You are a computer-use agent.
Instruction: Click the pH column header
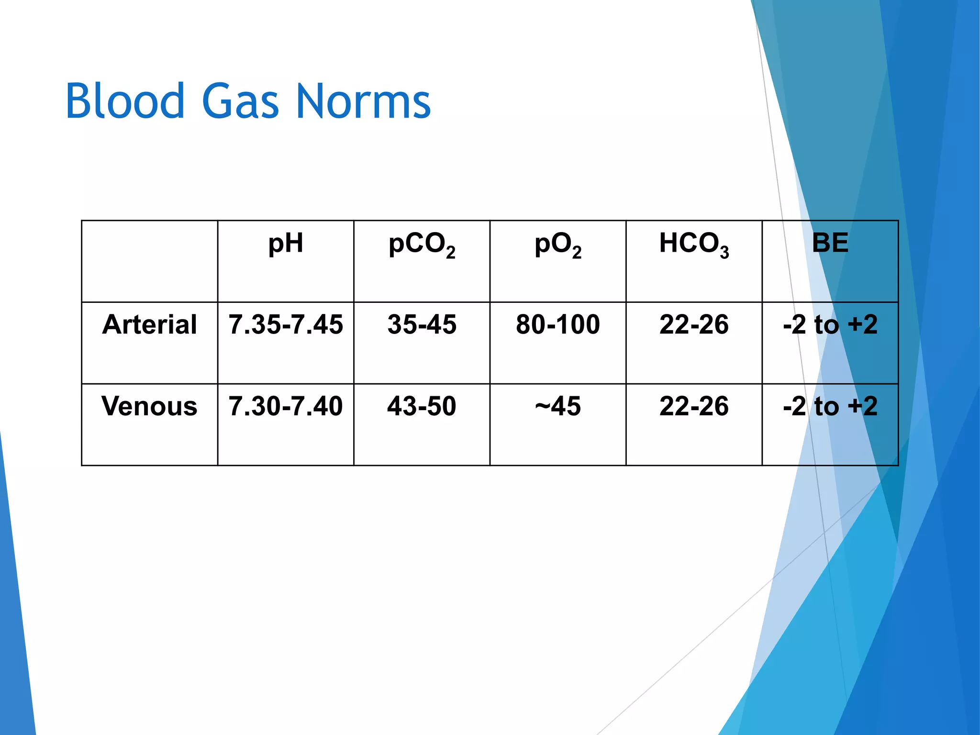coord(286,243)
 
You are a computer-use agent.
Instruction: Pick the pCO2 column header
coord(422,244)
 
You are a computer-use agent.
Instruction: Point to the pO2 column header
coord(558,244)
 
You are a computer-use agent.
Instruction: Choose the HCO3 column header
coord(694,244)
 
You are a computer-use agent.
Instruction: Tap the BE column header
coord(830,243)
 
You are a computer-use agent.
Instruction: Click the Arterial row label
coord(150,324)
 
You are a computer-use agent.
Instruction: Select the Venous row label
coord(150,406)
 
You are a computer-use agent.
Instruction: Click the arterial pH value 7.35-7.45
coord(286,324)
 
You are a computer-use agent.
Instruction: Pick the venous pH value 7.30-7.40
coord(286,406)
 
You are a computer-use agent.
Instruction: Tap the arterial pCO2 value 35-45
coord(422,324)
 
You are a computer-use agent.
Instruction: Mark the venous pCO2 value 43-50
coord(422,406)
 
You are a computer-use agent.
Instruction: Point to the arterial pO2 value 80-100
coord(558,324)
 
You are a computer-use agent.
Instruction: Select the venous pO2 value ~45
coord(558,406)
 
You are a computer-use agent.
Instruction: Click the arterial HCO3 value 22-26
coord(694,324)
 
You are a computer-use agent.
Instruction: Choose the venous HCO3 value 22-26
coord(694,406)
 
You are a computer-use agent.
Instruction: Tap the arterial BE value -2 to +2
coord(830,324)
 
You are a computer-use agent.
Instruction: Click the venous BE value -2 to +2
coord(830,406)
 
